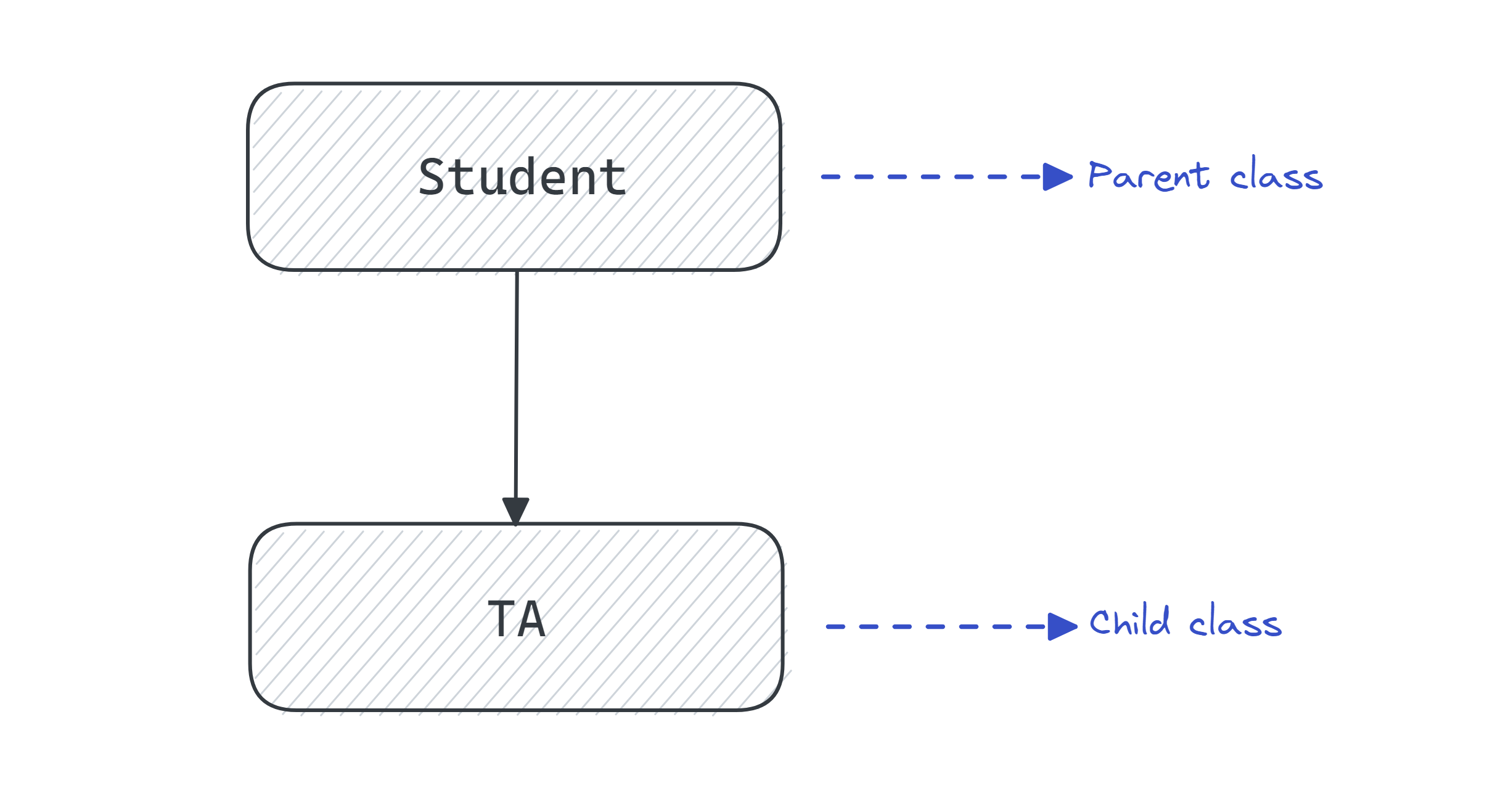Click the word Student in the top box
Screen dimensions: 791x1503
coord(522,178)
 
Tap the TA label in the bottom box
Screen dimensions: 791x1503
coord(517,619)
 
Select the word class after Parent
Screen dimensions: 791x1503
coord(1276,176)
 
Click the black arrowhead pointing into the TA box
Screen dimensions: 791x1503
coord(515,510)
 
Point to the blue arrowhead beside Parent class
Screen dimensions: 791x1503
coord(1057,177)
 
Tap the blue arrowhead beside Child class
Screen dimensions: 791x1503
coord(1062,626)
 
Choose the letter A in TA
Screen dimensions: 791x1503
coord(531,619)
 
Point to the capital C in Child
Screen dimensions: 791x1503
coord(1100,623)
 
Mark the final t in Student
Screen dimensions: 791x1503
coord(614,178)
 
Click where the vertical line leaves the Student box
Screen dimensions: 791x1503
coord(517,272)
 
